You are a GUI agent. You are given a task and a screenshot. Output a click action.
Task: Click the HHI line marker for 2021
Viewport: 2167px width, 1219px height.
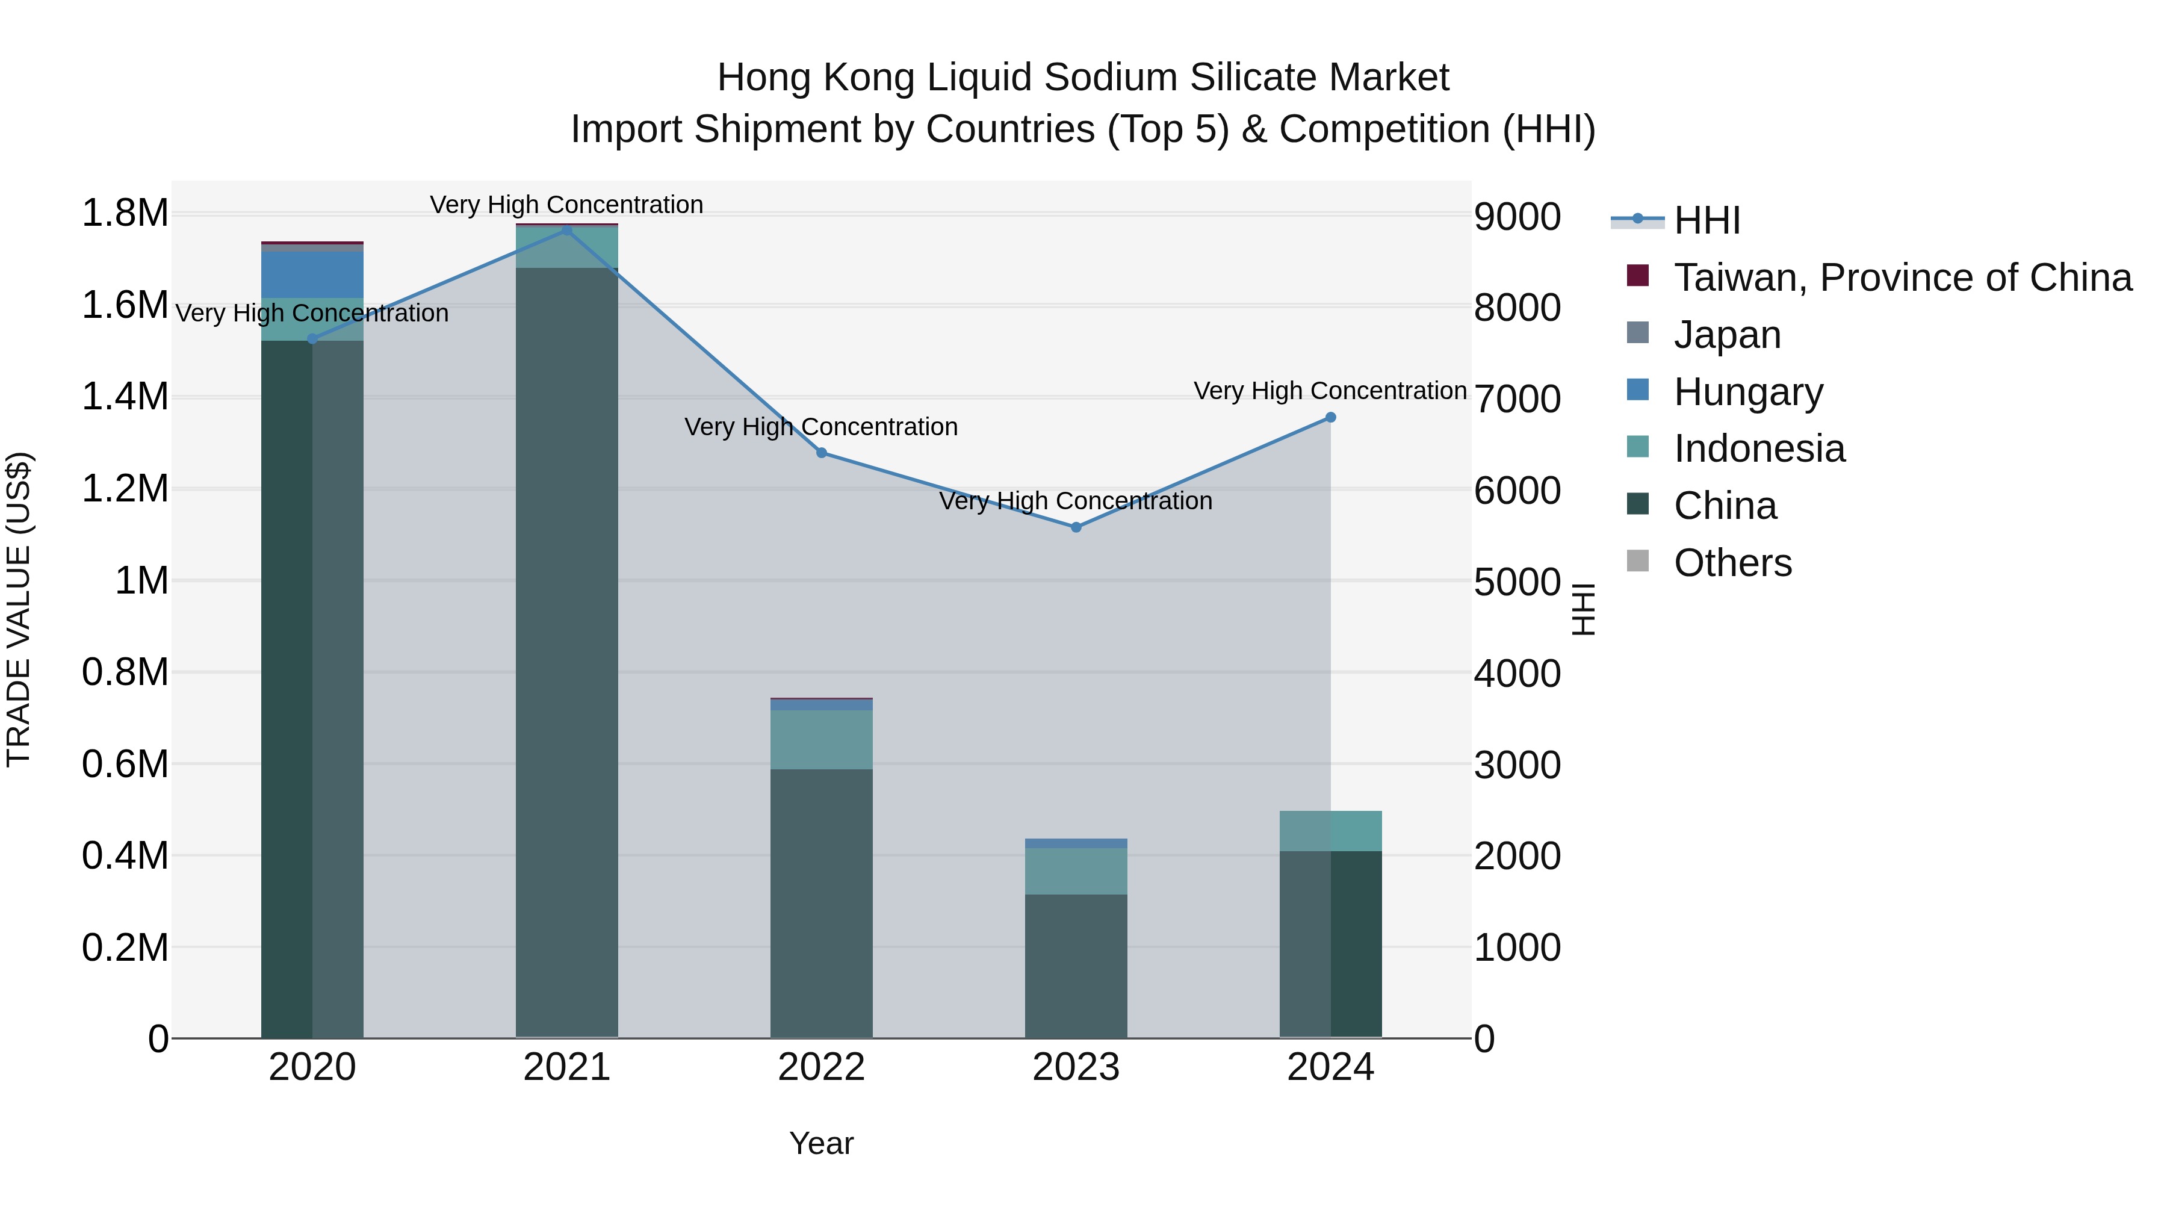click(x=566, y=231)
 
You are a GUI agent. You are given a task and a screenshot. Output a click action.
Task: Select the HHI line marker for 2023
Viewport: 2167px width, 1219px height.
click(x=1076, y=527)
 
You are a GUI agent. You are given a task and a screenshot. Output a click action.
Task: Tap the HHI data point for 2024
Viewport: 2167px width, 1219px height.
click(x=1330, y=417)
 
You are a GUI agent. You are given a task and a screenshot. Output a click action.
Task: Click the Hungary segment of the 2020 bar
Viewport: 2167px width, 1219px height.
click(x=312, y=275)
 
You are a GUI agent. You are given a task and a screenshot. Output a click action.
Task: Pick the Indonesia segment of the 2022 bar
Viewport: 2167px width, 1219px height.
click(x=821, y=739)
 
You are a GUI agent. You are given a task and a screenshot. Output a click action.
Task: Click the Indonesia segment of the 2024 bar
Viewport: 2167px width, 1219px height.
click(x=1330, y=831)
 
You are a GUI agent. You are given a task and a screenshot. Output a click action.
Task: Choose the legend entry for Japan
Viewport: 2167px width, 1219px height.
click(x=1726, y=335)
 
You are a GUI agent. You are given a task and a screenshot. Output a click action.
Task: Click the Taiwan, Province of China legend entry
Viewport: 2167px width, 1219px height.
click(x=1901, y=278)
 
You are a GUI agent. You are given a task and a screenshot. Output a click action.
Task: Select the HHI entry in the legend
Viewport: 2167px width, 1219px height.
click(x=1706, y=220)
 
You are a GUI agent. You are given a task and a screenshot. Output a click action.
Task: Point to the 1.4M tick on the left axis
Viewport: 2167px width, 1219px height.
click(x=125, y=396)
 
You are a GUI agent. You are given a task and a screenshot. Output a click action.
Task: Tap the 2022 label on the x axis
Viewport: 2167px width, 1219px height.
click(x=821, y=1067)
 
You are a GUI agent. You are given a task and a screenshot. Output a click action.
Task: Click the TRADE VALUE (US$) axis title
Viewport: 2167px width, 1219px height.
click(x=19, y=609)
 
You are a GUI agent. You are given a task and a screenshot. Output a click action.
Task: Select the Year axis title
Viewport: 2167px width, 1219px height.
click(x=821, y=1143)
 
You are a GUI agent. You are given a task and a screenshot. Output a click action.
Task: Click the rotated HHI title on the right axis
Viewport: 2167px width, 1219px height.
click(x=1583, y=609)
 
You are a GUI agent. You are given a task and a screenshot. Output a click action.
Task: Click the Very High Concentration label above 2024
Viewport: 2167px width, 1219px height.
click(x=1330, y=391)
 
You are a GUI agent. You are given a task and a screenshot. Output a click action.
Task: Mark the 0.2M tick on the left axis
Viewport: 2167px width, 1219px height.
click(x=125, y=948)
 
